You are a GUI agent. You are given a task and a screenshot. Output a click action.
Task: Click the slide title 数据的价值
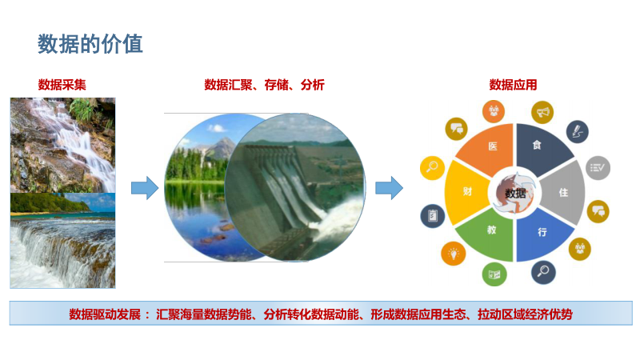tap(90, 44)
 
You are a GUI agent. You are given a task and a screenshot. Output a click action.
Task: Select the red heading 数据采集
tap(62, 85)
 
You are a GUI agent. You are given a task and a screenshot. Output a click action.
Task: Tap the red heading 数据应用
tap(513, 85)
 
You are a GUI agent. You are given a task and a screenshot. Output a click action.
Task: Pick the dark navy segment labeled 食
tap(541, 147)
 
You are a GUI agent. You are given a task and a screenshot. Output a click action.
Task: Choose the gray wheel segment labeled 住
tap(564, 193)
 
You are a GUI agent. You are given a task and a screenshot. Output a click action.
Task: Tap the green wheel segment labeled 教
tap(489, 235)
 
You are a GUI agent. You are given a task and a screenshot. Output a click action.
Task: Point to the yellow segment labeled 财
tap(466, 192)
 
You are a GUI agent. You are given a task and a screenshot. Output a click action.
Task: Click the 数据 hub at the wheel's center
tap(515, 193)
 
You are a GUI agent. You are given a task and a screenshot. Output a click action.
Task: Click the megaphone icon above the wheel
tap(542, 112)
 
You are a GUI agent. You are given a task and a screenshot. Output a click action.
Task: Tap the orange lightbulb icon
tap(453, 254)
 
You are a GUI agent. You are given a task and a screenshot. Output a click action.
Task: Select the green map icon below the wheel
tap(494, 274)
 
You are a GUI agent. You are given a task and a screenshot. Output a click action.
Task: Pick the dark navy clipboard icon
tap(433, 215)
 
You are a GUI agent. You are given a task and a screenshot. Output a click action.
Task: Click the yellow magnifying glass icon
tap(432, 167)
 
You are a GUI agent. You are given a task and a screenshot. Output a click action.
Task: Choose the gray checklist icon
tap(598, 167)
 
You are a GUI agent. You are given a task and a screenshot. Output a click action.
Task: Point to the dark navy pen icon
tap(577, 131)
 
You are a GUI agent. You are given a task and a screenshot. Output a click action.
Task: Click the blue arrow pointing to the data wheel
tap(389, 188)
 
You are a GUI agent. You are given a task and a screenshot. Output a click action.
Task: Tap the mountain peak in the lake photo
tap(222, 142)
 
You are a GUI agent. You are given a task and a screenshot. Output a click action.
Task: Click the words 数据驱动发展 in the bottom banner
tap(105, 314)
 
